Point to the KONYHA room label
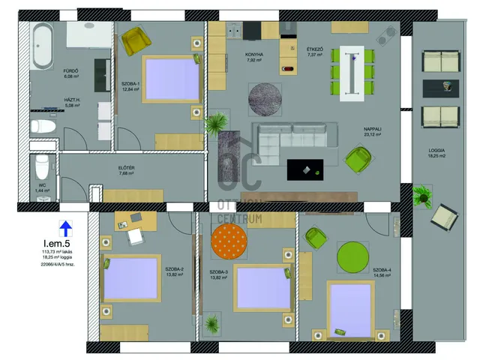(254, 55)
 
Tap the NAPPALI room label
(373, 129)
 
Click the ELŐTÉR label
(125, 166)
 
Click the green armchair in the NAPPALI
(358, 159)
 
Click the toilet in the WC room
(43, 168)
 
